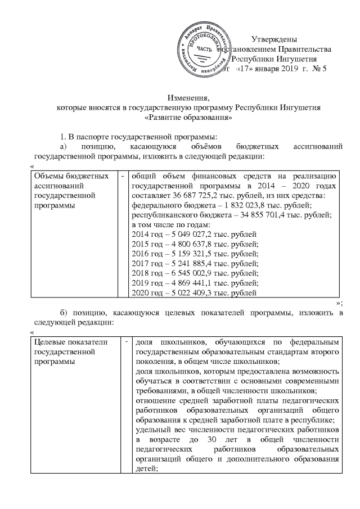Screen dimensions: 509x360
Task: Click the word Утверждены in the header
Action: [x=274, y=39]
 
